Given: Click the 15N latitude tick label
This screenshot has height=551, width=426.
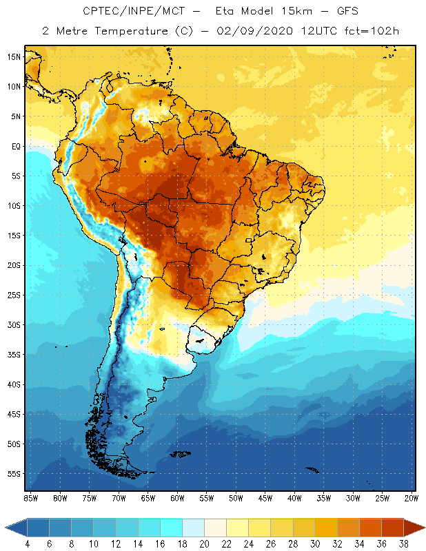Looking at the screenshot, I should coord(14,56).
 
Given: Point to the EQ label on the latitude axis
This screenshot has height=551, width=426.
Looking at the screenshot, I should coord(15,146).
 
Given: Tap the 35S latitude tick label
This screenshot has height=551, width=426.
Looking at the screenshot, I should coord(14,355).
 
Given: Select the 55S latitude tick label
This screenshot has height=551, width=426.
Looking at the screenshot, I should coord(14,474).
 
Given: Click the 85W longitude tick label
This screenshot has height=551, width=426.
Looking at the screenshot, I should coord(30,498).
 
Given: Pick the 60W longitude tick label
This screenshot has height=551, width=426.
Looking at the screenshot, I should coord(177,498).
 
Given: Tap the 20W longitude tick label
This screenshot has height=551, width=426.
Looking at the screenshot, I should coord(412,498).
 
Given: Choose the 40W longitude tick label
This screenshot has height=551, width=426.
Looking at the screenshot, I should coord(294,498).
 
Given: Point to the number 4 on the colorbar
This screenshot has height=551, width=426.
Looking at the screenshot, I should coord(27,543).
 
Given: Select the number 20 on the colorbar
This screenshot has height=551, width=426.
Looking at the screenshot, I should coord(203,543).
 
